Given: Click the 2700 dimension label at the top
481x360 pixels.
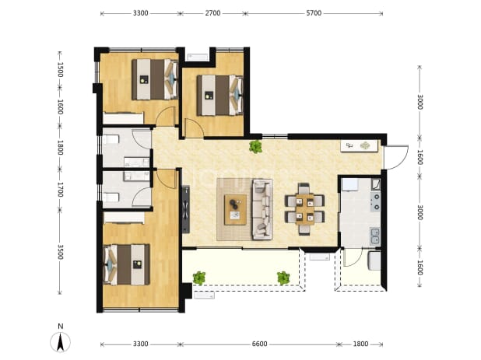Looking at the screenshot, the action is pos(212,13).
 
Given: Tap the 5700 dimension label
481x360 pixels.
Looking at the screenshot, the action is pos(314,13).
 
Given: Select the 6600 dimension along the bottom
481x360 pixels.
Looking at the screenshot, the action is pos(259,344).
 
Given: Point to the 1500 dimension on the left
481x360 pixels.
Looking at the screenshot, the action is pos(60,69).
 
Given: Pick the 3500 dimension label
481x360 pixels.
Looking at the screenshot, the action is pos(60,252).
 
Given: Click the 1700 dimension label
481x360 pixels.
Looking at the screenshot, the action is pos(60,190).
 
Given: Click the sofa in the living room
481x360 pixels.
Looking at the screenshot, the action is pos(262,209).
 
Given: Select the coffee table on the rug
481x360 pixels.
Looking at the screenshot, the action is pos(235,210).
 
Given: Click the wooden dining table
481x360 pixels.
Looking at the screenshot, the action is pos(304,209).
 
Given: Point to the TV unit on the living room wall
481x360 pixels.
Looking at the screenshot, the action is pos(186,209).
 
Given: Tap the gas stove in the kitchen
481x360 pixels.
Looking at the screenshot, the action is pos(375,202).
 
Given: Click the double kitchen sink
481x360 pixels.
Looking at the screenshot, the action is pos(375,236).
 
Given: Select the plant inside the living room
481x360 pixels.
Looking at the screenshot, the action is pos(255,146).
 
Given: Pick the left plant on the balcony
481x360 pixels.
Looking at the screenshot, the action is pos(199,278).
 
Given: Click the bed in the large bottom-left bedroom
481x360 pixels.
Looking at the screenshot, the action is pos(127,264).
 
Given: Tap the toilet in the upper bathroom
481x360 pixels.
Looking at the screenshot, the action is pos(111,140).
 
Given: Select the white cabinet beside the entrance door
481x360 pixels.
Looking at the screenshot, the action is pos(360,146).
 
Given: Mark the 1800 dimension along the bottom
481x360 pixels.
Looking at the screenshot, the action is pos(360,344).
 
